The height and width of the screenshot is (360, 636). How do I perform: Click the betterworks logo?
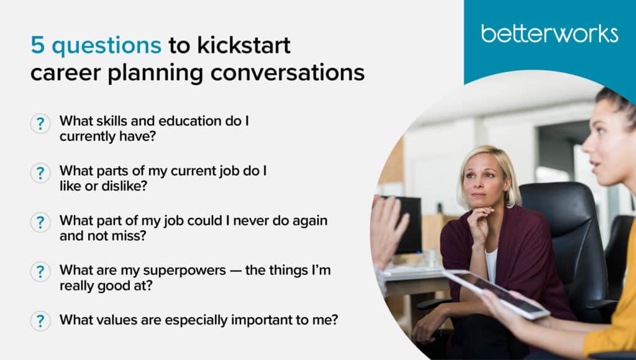tap(550, 34)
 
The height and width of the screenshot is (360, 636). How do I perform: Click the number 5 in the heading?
tap(37, 45)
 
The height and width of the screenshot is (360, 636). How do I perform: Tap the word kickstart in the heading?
tap(243, 45)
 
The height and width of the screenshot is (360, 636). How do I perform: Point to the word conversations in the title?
tap(287, 73)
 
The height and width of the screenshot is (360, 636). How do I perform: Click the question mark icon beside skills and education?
tap(40, 124)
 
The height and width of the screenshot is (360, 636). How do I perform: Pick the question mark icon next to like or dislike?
tap(40, 173)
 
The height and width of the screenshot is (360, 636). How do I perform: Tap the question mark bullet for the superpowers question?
tap(40, 272)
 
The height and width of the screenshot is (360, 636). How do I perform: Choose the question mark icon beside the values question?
tap(40, 321)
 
